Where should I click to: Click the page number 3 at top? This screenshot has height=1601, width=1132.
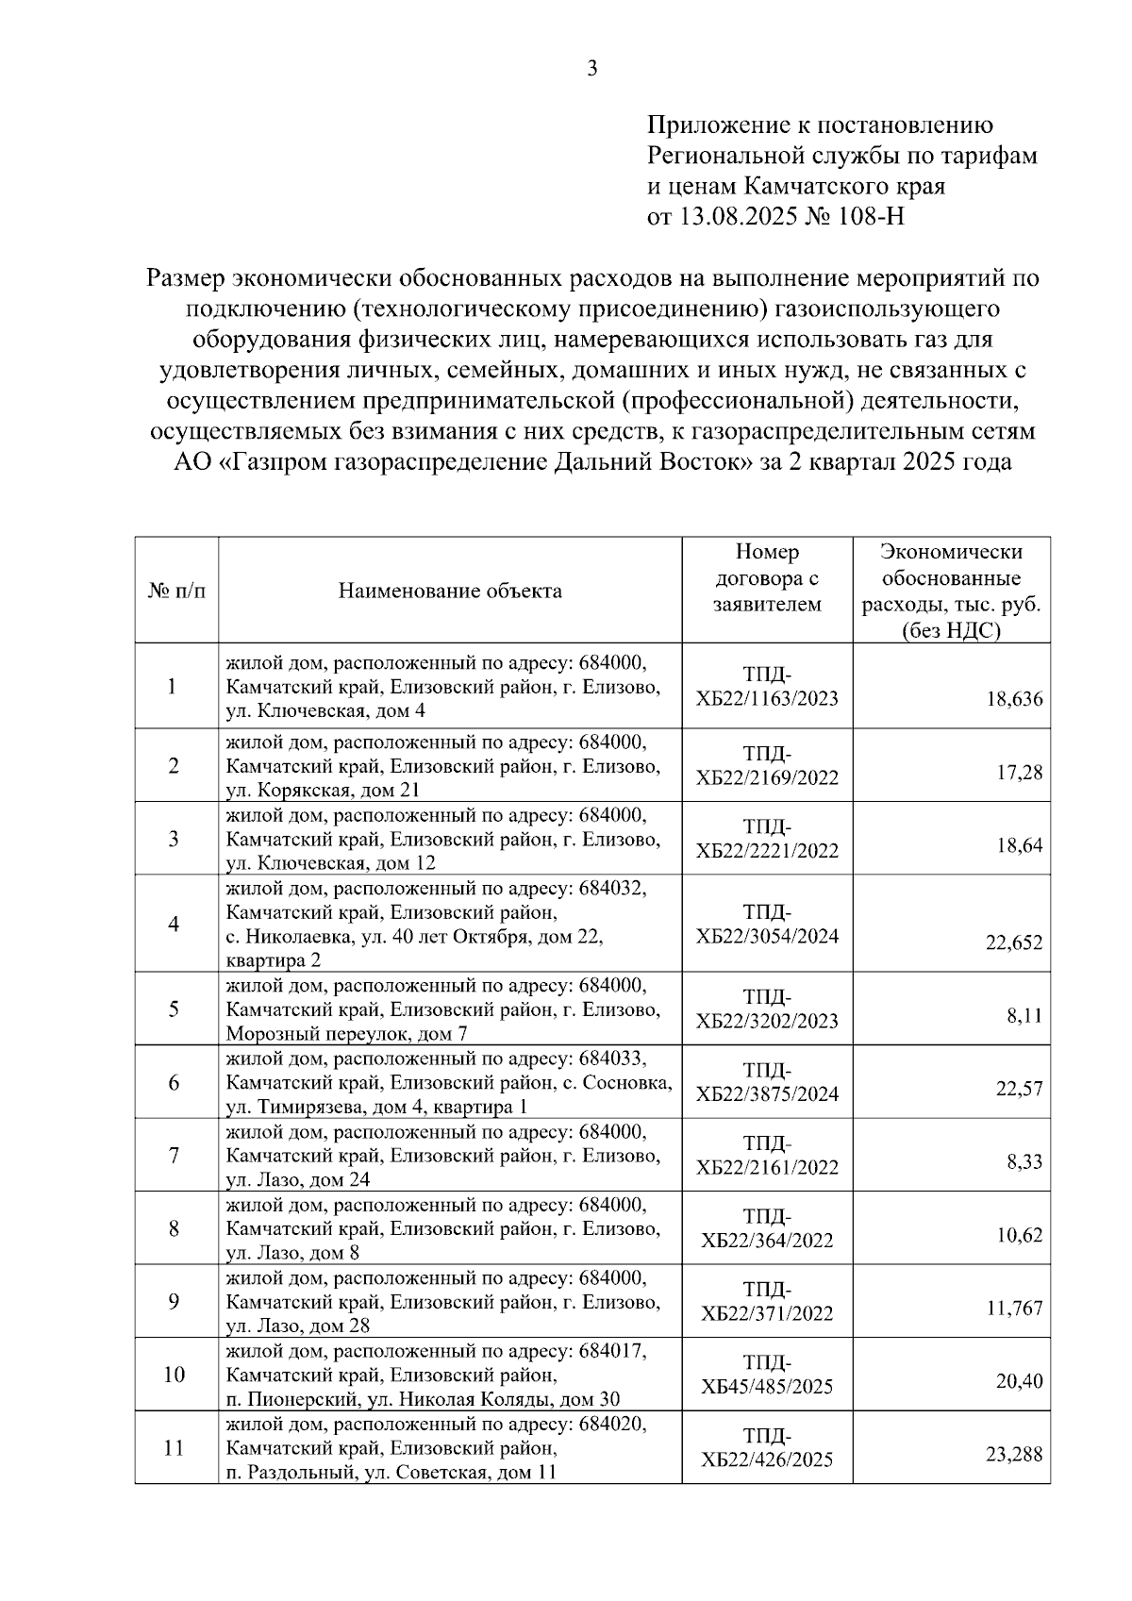(x=592, y=68)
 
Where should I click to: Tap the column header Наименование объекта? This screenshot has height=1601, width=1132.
(x=450, y=592)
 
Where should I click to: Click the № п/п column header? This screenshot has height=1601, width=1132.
(x=176, y=592)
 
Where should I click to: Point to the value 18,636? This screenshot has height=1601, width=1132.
(x=1014, y=699)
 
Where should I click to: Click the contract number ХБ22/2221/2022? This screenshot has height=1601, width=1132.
(x=767, y=851)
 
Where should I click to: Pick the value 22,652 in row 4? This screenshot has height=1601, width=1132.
(x=1014, y=942)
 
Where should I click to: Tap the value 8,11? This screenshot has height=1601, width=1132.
(x=1024, y=1016)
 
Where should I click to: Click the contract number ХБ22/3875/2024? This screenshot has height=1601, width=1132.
(x=767, y=1094)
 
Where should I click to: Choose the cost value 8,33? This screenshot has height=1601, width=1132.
(x=1024, y=1161)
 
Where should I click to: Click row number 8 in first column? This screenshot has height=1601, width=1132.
(x=175, y=1228)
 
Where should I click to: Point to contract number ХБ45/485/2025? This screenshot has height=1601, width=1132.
(x=767, y=1387)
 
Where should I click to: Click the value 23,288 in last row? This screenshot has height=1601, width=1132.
(x=1014, y=1454)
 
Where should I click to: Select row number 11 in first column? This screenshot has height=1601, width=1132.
(x=175, y=1447)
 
